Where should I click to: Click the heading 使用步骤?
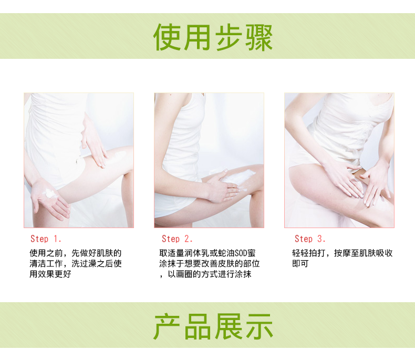[x=213, y=37]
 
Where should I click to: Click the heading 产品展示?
[x=213, y=326]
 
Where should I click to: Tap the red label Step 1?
[x=46, y=239]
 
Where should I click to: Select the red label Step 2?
[x=177, y=239]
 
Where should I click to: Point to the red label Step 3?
[x=310, y=239]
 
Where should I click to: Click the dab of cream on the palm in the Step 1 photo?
[x=50, y=193]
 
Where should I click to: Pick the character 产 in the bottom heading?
[x=167, y=326]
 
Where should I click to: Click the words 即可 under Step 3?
[x=300, y=264]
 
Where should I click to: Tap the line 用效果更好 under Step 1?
[x=50, y=274]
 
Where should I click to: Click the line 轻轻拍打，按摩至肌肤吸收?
[x=342, y=253]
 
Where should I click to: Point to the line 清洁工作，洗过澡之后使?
[x=76, y=264]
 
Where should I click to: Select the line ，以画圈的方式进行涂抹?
[x=205, y=274]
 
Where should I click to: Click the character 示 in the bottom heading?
[x=260, y=326]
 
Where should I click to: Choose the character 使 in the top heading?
[x=167, y=37]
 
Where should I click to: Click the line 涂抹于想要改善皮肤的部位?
[x=210, y=264]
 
